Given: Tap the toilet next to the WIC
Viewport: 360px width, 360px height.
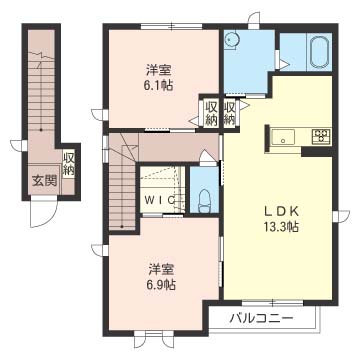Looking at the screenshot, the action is pyautogui.click(x=204, y=201).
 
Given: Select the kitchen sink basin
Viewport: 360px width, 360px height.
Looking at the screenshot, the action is pyautogui.click(x=283, y=137).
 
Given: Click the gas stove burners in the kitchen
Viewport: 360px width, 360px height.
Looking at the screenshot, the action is pyautogui.click(x=321, y=137).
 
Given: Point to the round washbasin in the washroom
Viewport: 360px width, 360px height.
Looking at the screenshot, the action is pyautogui.click(x=230, y=40).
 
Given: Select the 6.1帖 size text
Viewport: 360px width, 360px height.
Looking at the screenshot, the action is pyautogui.click(x=158, y=86).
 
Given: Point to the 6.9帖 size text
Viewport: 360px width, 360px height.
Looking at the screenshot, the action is pyautogui.click(x=162, y=284).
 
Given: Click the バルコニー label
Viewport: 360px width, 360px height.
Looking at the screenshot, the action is pyautogui.click(x=262, y=318).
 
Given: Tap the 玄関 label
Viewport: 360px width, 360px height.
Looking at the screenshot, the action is pyautogui.click(x=44, y=181).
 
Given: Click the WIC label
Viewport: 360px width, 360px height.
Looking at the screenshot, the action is pyautogui.click(x=160, y=199).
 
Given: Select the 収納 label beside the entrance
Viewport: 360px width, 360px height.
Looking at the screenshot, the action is pyautogui.click(x=69, y=164).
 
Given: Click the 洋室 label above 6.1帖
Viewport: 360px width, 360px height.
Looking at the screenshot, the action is pyautogui.click(x=158, y=70).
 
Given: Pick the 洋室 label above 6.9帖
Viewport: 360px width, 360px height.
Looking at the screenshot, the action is pyautogui.click(x=162, y=269).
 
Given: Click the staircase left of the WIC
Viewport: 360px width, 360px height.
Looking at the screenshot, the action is pyautogui.click(x=122, y=183).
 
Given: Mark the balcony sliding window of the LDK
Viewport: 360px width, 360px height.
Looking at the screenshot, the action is pyautogui.click(x=272, y=303).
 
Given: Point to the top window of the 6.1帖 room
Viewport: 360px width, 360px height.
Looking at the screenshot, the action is pyautogui.click(x=171, y=26).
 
